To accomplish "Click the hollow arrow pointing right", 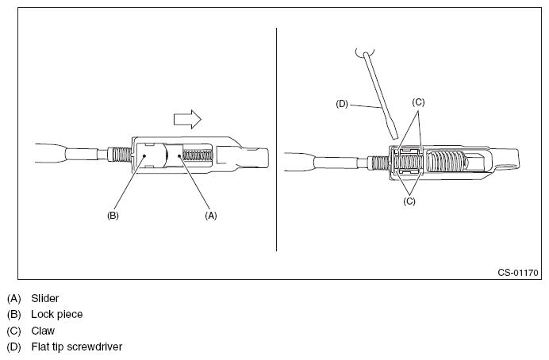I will tap(187, 119).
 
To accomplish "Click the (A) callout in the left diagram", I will tap(210, 215).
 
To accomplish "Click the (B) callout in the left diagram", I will tap(113, 215).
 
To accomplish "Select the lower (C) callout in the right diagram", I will tap(410, 201).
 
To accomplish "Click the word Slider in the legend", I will tap(46, 298).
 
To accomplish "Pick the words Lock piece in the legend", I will tap(57, 314).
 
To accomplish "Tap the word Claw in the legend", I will tap(43, 330).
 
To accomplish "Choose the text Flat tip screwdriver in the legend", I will tap(76, 347).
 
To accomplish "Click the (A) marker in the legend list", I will tap(13, 298).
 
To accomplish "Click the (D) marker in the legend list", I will tap(13, 347).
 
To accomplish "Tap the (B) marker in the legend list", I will tap(13, 314).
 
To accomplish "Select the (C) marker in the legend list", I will tap(13, 330).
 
